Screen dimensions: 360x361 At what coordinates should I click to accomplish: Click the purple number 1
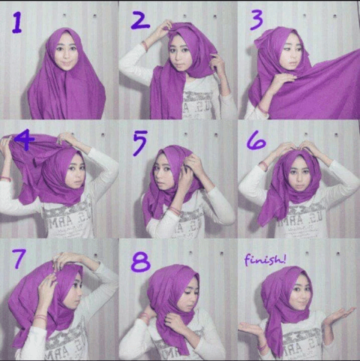coord(17,23)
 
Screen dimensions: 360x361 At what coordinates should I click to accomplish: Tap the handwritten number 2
coord(140,20)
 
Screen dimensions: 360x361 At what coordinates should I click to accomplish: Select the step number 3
coord(256,20)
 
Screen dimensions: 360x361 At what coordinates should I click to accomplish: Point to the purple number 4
coord(24,141)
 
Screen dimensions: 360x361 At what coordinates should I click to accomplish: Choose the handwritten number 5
coord(140,143)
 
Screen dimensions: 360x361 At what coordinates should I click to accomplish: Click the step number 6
coord(256,141)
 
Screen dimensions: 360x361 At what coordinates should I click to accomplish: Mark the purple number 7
coord(19,259)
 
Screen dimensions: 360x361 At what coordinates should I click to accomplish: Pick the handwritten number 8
coord(141,262)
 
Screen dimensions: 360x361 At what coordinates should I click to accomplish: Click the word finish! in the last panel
coord(265,260)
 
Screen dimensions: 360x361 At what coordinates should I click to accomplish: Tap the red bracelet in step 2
coord(145,46)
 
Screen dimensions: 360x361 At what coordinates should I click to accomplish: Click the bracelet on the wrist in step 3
coord(262,108)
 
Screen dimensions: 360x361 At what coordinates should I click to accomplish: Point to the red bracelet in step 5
coord(175,210)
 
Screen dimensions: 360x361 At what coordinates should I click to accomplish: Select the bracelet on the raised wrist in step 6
coord(264,166)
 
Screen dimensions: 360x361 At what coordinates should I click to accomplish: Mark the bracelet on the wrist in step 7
coord(40,317)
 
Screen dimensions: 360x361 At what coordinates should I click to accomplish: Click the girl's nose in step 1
coord(65,54)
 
